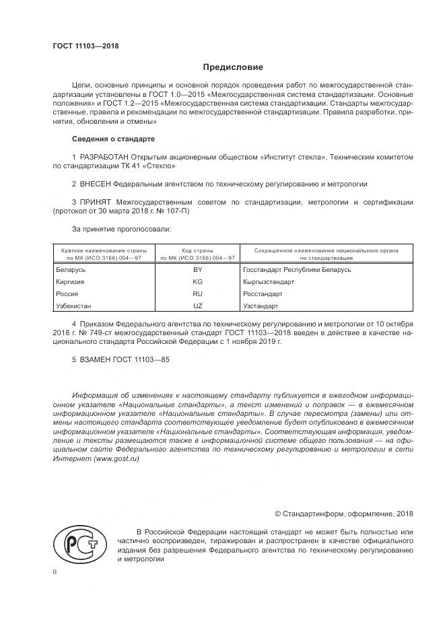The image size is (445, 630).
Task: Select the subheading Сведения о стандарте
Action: (113, 139)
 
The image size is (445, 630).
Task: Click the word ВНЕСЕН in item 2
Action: (95, 183)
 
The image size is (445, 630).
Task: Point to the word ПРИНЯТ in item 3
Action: (96, 201)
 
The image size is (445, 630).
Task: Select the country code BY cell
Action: (197, 269)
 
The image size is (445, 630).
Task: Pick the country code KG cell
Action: (197, 282)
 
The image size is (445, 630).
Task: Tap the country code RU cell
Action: (197, 294)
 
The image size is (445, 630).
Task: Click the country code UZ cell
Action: (197, 306)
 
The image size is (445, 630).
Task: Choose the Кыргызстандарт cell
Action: (269, 282)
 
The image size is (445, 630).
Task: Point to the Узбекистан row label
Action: (73, 306)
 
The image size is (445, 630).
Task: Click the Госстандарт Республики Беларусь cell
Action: (297, 269)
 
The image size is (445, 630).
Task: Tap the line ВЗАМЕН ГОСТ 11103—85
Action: (121, 359)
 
